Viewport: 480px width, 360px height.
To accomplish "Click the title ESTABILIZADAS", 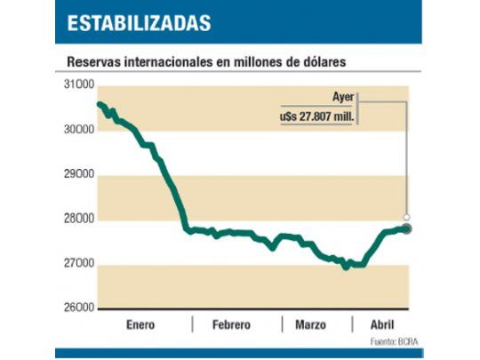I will [x=140, y=21].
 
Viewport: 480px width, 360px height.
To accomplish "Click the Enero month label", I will [x=142, y=324].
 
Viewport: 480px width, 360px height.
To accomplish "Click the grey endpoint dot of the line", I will [x=407, y=228].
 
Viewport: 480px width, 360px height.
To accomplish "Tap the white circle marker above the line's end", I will [x=407, y=217].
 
